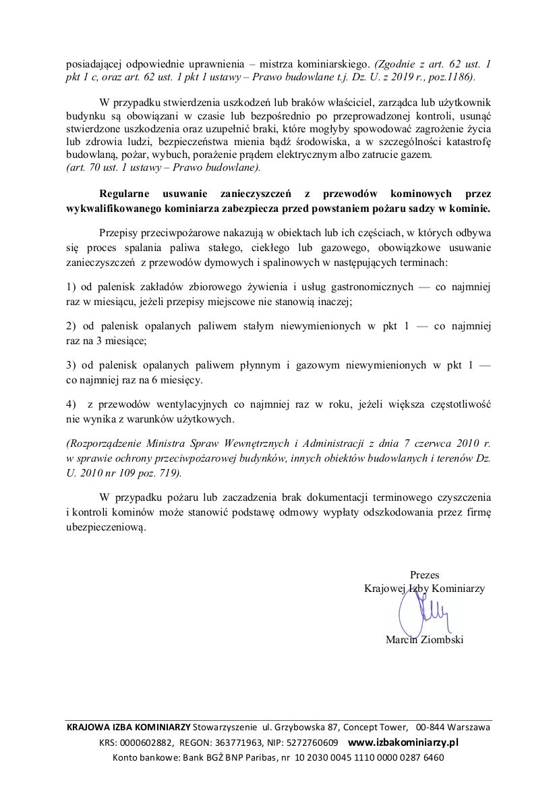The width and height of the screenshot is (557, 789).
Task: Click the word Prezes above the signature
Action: [x=424, y=575]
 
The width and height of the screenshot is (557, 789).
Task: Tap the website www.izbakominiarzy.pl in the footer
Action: [x=403, y=742]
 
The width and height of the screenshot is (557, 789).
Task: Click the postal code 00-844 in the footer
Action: [x=431, y=728]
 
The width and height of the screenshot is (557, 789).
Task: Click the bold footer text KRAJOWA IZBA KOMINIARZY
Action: [x=128, y=728]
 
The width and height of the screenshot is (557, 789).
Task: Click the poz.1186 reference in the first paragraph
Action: [x=453, y=78]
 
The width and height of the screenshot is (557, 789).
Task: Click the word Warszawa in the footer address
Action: [x=469, y=728]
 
